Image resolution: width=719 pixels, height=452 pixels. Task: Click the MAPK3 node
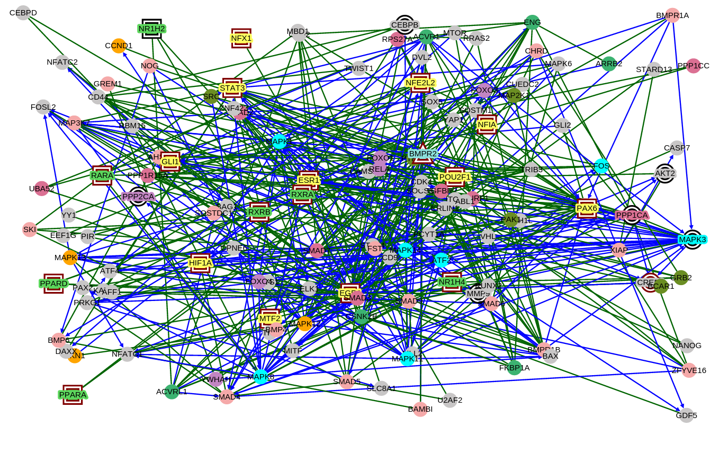[693, 240]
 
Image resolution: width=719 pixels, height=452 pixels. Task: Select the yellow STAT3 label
[232, 88]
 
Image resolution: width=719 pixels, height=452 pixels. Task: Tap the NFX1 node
[241, 38]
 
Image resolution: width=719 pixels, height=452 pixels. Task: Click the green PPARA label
[73, 395]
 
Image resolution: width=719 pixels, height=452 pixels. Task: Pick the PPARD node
[54, 283]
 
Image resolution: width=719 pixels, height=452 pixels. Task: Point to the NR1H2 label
[152, 29]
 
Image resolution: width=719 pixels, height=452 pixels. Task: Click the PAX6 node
[587, 208]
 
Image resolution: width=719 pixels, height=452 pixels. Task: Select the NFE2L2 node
[420, 83]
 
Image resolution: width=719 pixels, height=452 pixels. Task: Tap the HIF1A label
[201, 262]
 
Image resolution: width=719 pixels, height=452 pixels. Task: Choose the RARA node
[102, 175]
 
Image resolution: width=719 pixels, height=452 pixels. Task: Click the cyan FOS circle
[601, 166]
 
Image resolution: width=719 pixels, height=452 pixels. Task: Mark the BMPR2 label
[423, 154]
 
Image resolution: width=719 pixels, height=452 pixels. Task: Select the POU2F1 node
[455, 177]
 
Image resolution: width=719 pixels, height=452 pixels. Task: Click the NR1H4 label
[452, 282]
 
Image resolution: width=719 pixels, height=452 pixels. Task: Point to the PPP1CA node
[632, 215]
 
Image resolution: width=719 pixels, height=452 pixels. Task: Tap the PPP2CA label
[138, 197]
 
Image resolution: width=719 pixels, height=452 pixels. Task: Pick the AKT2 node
[665, 173]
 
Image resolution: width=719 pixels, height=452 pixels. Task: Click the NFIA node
[487, 125]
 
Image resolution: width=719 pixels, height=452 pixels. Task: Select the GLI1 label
[170, 162]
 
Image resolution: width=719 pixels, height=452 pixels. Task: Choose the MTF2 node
[270, 318]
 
